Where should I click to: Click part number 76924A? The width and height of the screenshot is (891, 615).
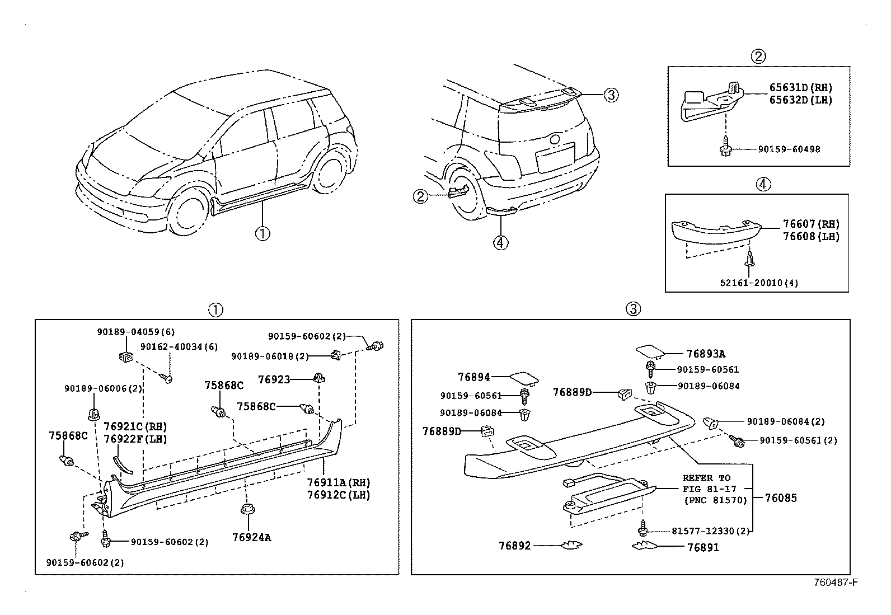click(251, 538)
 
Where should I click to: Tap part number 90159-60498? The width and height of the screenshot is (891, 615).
click(789, 149)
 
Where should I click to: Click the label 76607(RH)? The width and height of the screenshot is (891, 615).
click(811, 224)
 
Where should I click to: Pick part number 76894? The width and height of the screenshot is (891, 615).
click(473, 378)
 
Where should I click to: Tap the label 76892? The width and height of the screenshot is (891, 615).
click(514, 545)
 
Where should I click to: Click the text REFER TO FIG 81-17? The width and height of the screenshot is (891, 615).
click(706, 483)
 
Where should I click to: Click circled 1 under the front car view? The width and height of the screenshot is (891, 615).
click(262, 233)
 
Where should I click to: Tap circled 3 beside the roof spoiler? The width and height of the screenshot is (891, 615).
click(611, 95)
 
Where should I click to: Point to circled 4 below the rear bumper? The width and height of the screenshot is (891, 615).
click(500, 242)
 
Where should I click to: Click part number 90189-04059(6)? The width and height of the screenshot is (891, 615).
click(135, 332)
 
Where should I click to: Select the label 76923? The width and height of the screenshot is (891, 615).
click(274, 379)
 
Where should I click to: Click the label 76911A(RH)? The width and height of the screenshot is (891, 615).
click(338, 483)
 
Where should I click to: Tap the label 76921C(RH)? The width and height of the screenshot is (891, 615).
click(135, 426)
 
